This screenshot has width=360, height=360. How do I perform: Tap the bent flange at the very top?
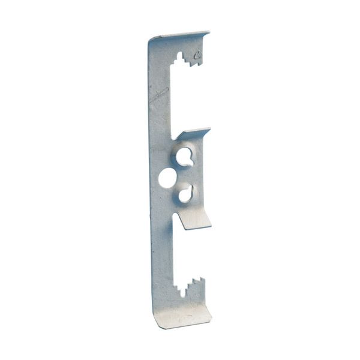180,37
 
